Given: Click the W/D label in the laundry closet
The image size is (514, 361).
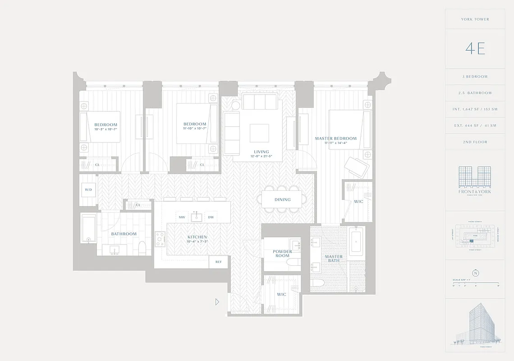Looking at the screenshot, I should pyautogui.click(x=88, y=190).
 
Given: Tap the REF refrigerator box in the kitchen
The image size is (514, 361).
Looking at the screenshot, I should pyautogui.click(x=219, y=262).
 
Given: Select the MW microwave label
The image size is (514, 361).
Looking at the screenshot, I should pyautogui.click(x=182, y=217).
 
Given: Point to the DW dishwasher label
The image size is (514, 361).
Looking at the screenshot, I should pyautogui.click(x=211, y=217).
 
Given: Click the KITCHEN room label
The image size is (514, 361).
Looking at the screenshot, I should pyautogui.click(x=197, y=237).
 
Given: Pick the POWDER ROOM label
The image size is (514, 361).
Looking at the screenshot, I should pyautogui.click(x=282, y=254).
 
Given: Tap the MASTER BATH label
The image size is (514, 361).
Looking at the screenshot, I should pyautogui.click(x=334, y=259).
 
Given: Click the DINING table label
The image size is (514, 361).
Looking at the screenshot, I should pyautogui.click(x=283, y=199).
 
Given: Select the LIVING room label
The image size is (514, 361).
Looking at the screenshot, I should pyautogui.click(x=261, y=152).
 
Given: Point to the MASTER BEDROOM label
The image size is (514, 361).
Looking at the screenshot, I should pyautogui.click(x=335, y=139).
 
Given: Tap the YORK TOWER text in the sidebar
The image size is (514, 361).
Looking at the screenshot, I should pyautogui.click(x=475, y=19).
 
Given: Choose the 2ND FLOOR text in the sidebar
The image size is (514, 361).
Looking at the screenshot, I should pyautogui.click(x=475, y=142).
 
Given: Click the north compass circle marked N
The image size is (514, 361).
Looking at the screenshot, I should pyautogui.click(x=475, y=273).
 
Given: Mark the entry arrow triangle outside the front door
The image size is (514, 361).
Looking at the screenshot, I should pyautogui.click(x=217, y=301).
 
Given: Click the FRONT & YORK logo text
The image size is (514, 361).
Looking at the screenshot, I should pyautogui.click(x=475, y=191).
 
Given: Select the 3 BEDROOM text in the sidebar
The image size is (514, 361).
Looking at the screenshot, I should pyautogui.click(x=475, y=77).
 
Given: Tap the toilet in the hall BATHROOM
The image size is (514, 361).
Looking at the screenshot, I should pyautogui.click(x=142, y=247).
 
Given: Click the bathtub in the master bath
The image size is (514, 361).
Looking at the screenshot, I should pyautogui.click(x=356, y=241).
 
